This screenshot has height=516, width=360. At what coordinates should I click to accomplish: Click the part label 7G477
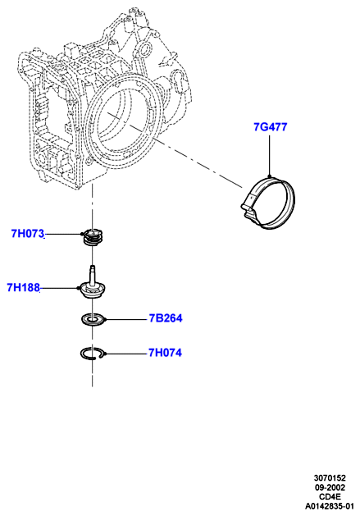[270, 126]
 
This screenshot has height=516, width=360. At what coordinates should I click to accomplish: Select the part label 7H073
[28, 234]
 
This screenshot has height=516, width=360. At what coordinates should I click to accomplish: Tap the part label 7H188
[23, 288]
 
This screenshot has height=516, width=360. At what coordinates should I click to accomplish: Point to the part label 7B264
[166, 318]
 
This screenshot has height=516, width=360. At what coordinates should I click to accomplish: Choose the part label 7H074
[165, 353]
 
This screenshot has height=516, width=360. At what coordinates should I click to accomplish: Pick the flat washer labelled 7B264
[93, 320]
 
